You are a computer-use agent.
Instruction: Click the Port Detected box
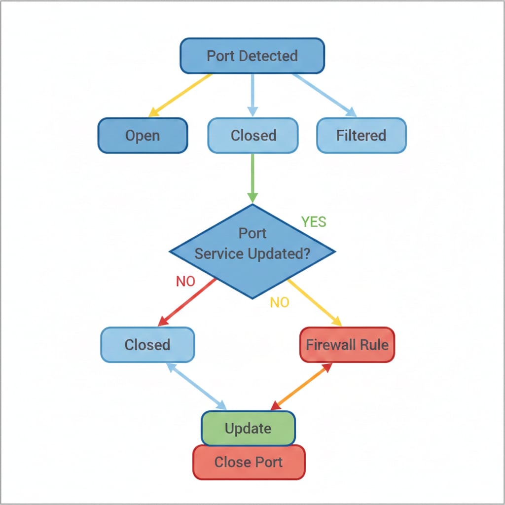[252, 56]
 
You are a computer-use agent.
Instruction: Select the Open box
[143, 135]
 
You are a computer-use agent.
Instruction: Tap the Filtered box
[361, 135]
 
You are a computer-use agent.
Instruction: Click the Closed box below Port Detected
[253, 135]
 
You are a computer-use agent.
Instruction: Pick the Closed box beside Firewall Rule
[147, 344]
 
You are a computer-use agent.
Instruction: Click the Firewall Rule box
[347, 344]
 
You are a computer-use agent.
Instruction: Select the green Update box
[248, 428]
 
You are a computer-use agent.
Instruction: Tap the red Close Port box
[249, 462]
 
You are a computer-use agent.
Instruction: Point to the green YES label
[314, 222]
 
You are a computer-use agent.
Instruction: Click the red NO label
[185, 282]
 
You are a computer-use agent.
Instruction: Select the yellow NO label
[280, 302]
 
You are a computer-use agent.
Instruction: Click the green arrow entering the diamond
[252, 178]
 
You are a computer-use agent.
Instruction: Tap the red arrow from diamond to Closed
[187, 302]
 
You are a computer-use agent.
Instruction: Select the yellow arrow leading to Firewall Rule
[315, 302]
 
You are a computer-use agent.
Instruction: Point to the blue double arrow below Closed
[196, 386]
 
